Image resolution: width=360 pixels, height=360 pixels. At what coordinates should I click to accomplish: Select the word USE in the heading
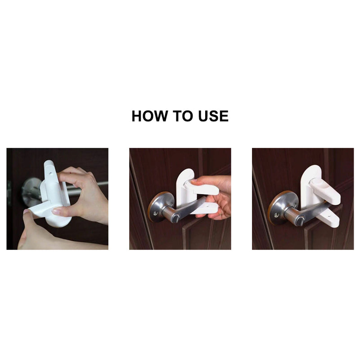click(213, 116)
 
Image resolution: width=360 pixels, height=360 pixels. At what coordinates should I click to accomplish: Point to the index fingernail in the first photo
click(56, 210)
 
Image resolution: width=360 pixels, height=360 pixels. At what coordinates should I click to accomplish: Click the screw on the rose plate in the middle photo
click(155, 213)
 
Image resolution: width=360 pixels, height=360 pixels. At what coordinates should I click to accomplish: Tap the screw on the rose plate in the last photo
click(277, 216)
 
